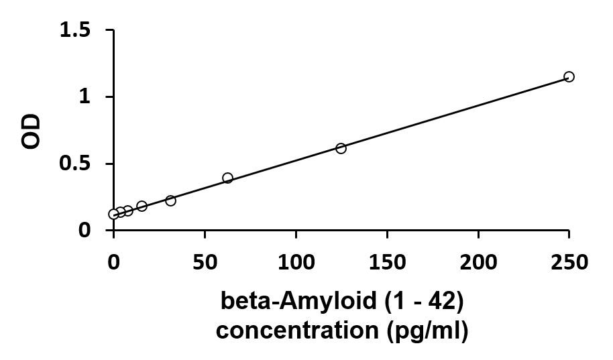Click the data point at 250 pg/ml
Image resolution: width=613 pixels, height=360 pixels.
[569, 76]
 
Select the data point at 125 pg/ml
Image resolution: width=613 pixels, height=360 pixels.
[341, 148]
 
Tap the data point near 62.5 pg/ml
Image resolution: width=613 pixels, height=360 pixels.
[227, 178]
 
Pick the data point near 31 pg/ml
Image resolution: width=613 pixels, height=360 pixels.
[170, 200]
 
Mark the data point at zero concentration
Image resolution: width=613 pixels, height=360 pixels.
[113, 214]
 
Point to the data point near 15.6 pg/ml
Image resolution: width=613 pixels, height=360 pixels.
[142, 206]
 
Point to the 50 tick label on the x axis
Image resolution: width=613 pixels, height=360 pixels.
[205, 261]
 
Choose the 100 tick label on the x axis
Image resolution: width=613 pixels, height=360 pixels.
[296, 261]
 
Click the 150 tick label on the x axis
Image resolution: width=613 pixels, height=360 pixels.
[387, 261]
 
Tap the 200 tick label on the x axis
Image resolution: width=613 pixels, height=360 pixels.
[478, 261]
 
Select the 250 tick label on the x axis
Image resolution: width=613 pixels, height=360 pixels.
[569, 261]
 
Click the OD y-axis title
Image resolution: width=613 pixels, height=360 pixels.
[32, 131]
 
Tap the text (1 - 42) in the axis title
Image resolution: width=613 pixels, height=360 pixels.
[423, 302]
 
